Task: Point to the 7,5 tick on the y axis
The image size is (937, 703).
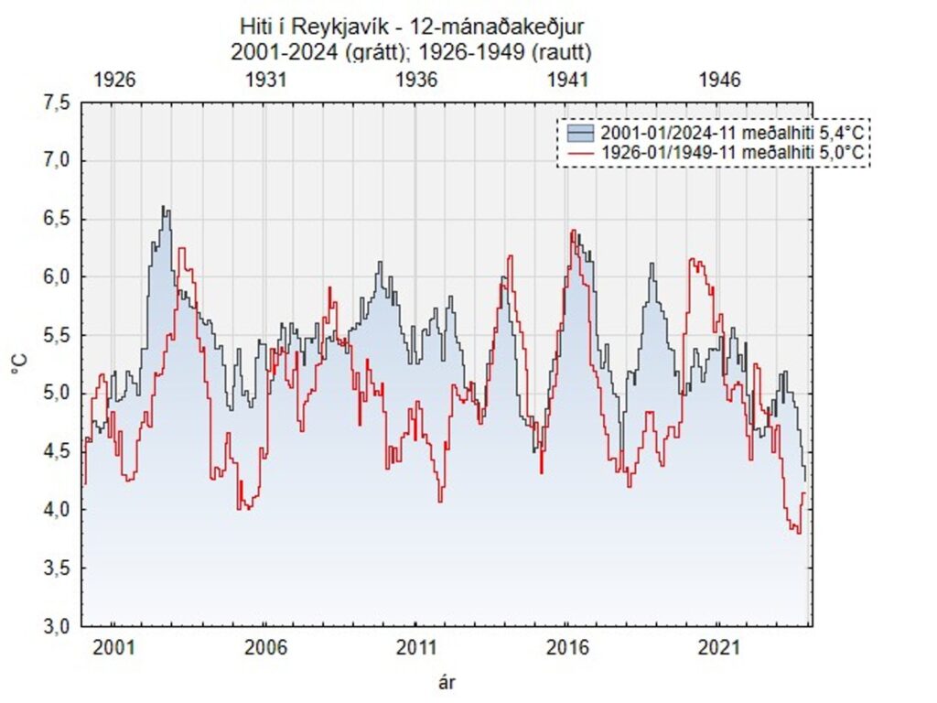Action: (x=57, y=103)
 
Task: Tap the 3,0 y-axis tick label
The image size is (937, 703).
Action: (x=57, y=626)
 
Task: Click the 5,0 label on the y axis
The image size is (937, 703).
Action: (x=57, y=394)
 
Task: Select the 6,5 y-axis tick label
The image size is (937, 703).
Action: (x=57, y=220)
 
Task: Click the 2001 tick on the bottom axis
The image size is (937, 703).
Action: (x=114, y=649)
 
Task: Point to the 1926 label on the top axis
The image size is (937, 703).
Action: (x=114, y=80)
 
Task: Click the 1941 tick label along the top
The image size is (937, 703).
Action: (x=567, y=80)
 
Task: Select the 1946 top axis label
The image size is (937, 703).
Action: (x=718, y=80)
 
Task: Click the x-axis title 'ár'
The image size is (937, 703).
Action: (x=447, y=682)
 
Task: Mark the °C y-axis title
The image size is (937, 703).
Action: (x=20, y=365)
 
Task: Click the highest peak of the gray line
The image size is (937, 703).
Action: (x=163, y=207)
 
